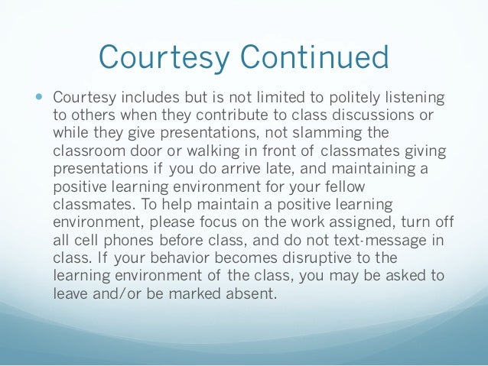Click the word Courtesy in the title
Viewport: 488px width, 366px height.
154,58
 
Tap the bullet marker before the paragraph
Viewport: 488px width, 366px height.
40,99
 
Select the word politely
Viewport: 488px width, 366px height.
343,99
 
